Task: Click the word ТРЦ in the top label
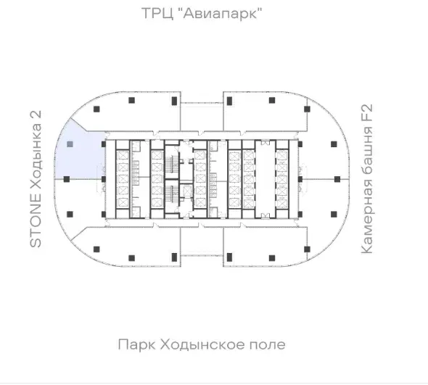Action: pyautogui.click(x=157, y=13)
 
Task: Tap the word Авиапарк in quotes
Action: pyautogui.click(x=220, y=13)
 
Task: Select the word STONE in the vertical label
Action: pyautogui.click(x=36, y=220)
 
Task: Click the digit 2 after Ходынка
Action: pyautogui.click(x=36, y=115)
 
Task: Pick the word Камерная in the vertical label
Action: pyautogui.click(x=367, y=217)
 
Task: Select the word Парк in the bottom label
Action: pyautogui.click(x=137, y=345)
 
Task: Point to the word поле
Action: pyautogui.click(x=268, y=345)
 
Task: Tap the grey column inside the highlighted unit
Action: pyautogui.click(x=70, y=144)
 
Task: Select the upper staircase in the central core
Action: pyautogui.click(x=172, y=163)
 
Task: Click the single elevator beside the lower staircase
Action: pyautogui.click(x=188, y=191)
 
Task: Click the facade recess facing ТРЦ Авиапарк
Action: pyautogui.click(x=202, y=117)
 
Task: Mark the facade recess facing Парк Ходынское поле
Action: pyautogui.click(x=202, y=242)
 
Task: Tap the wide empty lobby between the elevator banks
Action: pyautogui.click(x=265, y=178)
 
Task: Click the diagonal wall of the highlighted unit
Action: pyautogui.click(x=79, y=125)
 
